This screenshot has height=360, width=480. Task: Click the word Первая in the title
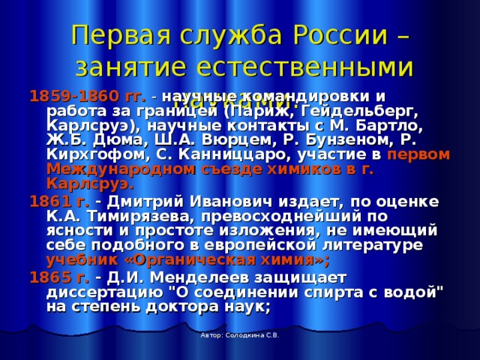[118, 34]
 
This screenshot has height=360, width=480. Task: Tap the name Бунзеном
[331, 140]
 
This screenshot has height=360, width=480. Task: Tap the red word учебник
[78, 260]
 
